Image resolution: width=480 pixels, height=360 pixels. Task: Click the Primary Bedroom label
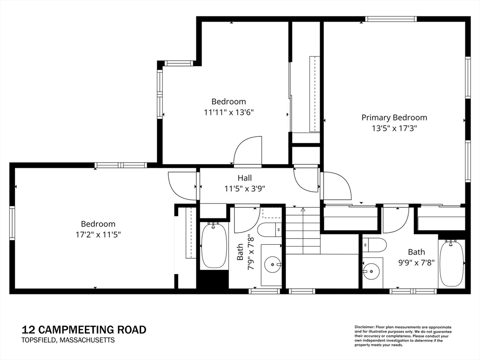click(394, 118)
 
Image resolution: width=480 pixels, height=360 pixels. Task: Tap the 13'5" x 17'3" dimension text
click(395, 128)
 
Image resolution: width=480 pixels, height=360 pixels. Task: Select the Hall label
click(245, 178)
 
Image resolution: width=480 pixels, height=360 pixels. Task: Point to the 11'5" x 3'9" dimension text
click(245, 188)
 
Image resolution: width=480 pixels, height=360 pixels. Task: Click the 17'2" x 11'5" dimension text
click(98, 234)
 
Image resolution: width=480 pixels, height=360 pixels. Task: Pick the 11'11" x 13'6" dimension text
click(229, 112)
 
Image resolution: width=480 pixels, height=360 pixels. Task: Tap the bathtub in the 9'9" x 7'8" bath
click(452, 262)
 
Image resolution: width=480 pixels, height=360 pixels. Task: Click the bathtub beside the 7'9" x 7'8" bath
click(214, 247)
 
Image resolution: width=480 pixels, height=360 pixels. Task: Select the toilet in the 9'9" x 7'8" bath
click(375, 245)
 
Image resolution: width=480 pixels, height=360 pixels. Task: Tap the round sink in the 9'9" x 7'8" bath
click(371, 271)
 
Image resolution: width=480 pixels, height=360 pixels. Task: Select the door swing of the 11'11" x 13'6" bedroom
click(247, 150)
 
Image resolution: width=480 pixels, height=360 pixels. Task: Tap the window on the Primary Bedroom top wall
click(390, 19)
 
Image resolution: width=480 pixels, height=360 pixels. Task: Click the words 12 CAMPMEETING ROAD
click(84, 330)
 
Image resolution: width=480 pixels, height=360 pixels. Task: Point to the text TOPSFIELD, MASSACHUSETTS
click(68, 340)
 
